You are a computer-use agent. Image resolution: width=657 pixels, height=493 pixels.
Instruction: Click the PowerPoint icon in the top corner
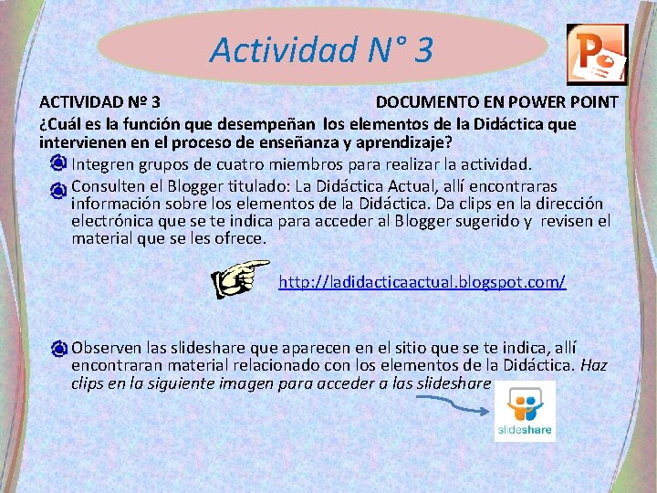pos(597,55)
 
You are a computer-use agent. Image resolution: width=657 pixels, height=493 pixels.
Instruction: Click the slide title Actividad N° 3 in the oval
pos(321,49)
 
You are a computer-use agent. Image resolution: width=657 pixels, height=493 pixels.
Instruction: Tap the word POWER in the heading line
pos(513,102)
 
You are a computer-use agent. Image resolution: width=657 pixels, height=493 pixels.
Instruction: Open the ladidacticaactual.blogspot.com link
pos(422,282)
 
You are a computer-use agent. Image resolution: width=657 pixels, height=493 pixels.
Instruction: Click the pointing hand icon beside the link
pos(239,278)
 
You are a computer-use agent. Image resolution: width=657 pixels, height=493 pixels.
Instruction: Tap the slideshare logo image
pos(525,411)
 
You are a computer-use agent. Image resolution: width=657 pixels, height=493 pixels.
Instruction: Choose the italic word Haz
pos(594,365)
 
